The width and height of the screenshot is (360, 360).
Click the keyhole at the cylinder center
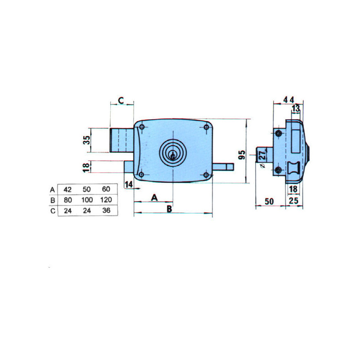point(173,156)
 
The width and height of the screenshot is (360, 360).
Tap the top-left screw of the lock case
point(142,127)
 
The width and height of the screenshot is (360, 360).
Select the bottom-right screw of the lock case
point(206,175)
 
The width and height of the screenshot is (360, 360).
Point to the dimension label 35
point(86,140)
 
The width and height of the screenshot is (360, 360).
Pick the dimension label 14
point(129,184)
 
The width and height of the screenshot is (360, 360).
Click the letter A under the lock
point(154,197)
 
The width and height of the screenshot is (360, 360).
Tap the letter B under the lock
point(169,209)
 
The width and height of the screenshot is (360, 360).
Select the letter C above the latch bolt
point(121,100)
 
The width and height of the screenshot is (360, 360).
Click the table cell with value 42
point(67,189)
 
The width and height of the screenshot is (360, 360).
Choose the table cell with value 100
point(87,200)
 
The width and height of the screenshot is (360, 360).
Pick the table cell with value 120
point(106,199)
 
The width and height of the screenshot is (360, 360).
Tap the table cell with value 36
point(106,210)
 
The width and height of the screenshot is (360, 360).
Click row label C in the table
point(53,211)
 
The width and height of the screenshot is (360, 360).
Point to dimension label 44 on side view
point(288,100)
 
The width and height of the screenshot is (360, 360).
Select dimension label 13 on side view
point(296,108)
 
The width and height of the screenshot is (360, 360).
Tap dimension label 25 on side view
point(293,201)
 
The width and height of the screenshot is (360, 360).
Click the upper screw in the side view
point(279,133)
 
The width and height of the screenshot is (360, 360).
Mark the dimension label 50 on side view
point(269,201)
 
